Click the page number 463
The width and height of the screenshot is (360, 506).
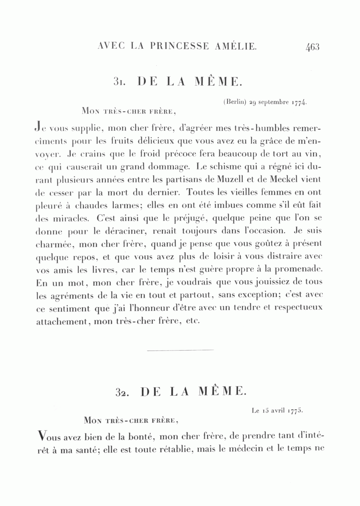[x=312, y=47]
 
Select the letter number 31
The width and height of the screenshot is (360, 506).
[x=120, y=82]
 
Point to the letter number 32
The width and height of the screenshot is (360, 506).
[x=122, y=392]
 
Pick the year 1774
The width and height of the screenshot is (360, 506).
[x=299, y=103]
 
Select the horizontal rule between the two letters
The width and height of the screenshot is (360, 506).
[x=180, y=350]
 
